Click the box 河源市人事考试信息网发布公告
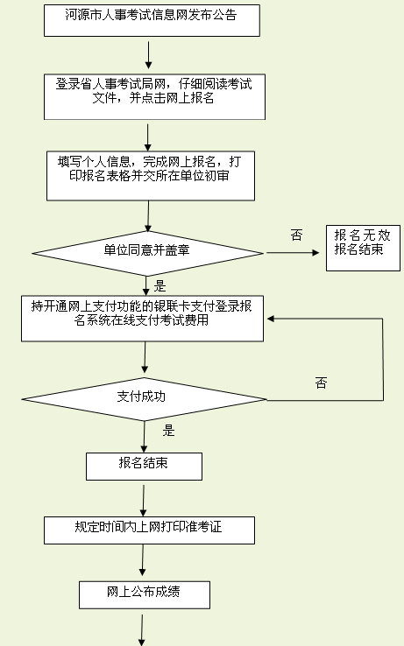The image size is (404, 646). (152, 21)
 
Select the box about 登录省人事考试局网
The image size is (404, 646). (154, 97)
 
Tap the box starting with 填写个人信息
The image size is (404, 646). (150, 176)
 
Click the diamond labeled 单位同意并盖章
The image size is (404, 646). (148, 253)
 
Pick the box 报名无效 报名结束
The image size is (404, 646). (363, 248)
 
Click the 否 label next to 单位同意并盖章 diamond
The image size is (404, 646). (296, 235)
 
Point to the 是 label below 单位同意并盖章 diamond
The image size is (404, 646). (159, 285)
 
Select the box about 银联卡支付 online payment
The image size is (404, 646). (142, 319)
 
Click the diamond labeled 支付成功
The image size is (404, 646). (144, 399)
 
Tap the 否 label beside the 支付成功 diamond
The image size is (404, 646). (321, 383)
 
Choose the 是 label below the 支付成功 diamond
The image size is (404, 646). (168, 431)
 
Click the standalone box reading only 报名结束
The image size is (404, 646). (144, 467)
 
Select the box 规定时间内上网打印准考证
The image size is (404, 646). (149, 530)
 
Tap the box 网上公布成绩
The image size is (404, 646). (145, 595)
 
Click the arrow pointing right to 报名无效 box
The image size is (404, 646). (293, 253)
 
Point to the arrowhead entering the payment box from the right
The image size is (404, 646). (271, 319)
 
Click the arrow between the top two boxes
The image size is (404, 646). (149, 55)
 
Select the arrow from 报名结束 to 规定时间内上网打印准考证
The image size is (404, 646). (144, 501)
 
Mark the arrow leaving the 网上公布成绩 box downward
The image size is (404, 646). (142, 630)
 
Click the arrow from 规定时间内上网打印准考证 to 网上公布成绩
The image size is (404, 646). (143, 560)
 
